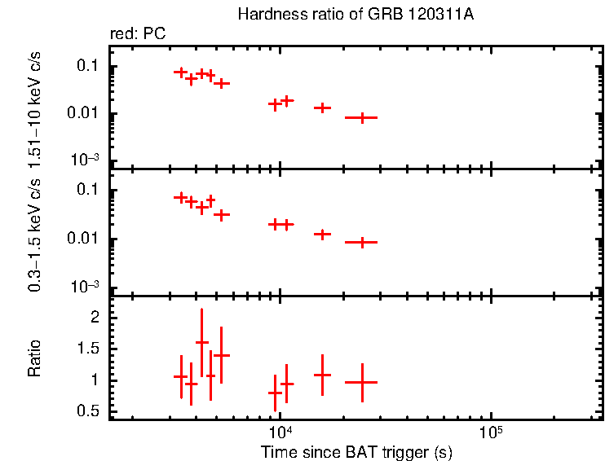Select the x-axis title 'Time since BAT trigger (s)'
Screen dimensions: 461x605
point(356,451)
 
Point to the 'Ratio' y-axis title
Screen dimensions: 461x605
point(34,358)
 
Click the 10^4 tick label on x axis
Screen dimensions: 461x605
point(280,432)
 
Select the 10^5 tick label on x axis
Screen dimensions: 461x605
point(491,432)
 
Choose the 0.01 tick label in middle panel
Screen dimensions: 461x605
point(85,239)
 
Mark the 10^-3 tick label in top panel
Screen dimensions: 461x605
point(85,160)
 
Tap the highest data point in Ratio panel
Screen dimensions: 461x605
point(201,342)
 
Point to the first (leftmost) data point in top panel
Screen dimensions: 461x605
point(181,72)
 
